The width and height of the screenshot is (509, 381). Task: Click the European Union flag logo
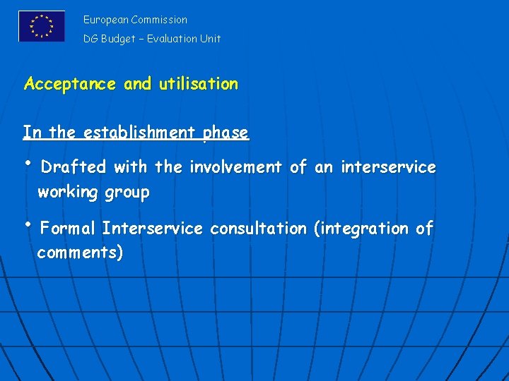click(42, 26)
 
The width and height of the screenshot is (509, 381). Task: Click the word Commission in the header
click(159, 20)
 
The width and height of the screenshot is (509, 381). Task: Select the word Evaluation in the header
click(173, 39)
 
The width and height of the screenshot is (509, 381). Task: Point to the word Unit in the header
click(211, 39)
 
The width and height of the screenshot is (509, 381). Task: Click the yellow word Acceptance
click(70, 84)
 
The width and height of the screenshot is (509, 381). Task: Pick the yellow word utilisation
click(199, 84)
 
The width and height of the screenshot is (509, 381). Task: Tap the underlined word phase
click(226, 133)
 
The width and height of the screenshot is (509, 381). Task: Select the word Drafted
click(74, 167)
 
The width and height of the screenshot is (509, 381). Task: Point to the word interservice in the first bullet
click(388, 167)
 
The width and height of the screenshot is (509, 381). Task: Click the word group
click(127, 192)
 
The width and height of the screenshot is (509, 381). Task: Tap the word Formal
click(68, 229)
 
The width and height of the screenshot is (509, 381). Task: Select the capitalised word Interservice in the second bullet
click(152, 229)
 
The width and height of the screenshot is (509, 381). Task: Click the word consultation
click(259, 229)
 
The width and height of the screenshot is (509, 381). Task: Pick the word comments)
click(80, 253)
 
